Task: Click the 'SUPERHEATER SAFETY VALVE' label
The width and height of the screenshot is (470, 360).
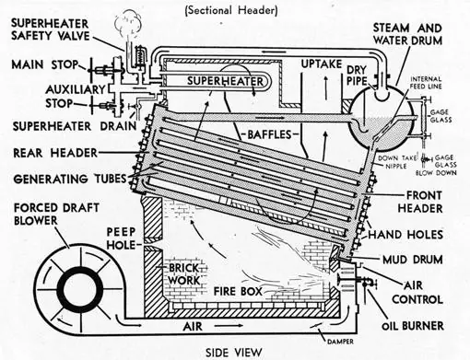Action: pos(51,29)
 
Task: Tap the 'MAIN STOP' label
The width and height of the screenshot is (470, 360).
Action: pos(45,64)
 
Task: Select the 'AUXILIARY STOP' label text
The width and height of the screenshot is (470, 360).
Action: pos(76,96)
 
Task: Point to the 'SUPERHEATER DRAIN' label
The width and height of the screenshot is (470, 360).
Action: pos(75,126)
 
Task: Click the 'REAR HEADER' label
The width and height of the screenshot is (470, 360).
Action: pos(55,153)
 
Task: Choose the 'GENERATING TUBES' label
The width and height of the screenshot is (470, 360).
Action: pos(70,179)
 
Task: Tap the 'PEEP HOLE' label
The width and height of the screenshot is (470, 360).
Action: pos(121,238)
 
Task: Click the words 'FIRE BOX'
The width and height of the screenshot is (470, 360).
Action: pos(238,291)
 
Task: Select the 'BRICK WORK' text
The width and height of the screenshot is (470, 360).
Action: pos(184,274)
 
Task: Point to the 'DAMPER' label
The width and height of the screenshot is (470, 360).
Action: pos(340,342)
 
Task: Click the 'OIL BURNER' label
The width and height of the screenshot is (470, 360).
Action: pos(413,326)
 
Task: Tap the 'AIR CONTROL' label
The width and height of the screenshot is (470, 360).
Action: pos(417,293)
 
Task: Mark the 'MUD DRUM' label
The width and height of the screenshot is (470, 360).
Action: pos(412,260)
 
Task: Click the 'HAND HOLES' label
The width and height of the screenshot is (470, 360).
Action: pos(405,235)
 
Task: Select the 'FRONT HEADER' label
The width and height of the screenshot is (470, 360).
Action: pos(420,202)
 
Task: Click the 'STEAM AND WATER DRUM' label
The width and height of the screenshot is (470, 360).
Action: pos(407,34)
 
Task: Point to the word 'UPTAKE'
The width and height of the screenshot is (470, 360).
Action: pos(322,64)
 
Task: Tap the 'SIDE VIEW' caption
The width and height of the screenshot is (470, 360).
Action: pos(234,353)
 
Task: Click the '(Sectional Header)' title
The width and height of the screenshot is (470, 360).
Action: pos(231,10)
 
